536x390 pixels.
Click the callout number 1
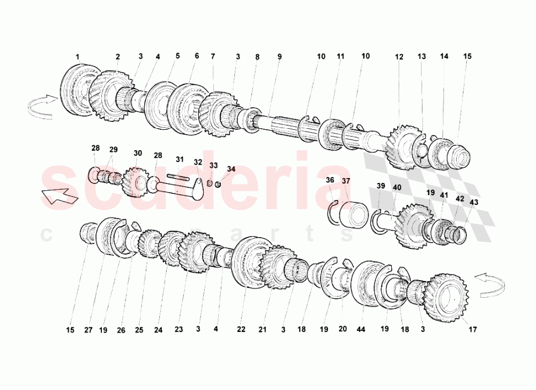click(x=78, y=56)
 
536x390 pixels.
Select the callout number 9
click(x=280, y=56)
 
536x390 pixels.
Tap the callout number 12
click(x=399, y=57)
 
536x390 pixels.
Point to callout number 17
click(x=472, y=329)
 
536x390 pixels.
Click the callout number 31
click(x=180, y=159)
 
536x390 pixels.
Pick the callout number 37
click(x=346, y=181)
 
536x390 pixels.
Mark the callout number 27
click(x=88, y=330)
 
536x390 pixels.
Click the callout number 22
click(x=241, y=329)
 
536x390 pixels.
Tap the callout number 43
click(x=474, y=202)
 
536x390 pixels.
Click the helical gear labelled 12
click(x=401, y=147)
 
